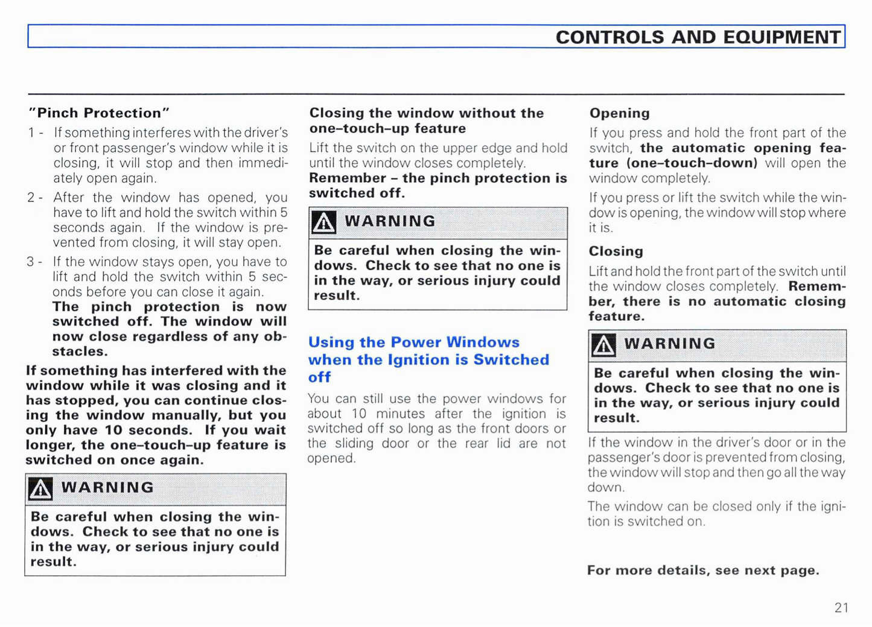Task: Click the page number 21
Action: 841,608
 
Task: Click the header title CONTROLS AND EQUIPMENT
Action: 698,37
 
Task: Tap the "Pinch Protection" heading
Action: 100,113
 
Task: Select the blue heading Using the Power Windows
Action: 414,342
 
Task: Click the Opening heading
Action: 620,113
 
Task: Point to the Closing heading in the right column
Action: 616,251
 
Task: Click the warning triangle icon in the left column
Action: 40,489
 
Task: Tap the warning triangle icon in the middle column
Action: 323,222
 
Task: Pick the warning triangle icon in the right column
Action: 603,345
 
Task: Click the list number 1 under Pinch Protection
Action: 31,133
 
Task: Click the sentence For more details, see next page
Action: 703,570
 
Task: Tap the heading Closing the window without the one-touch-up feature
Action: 426,121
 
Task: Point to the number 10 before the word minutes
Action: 359,414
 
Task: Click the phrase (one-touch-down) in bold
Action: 692,163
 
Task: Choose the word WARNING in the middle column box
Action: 390,221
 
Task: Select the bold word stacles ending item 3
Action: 80,351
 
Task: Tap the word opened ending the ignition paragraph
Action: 331,459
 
